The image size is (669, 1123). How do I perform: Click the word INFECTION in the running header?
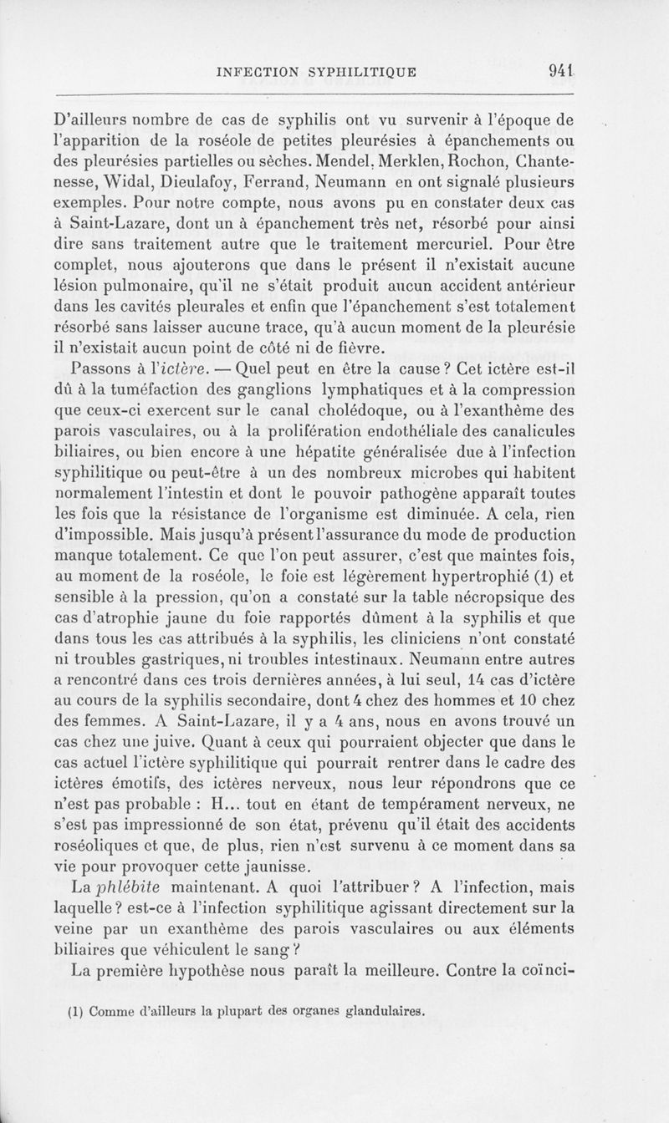coord(258,72)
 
